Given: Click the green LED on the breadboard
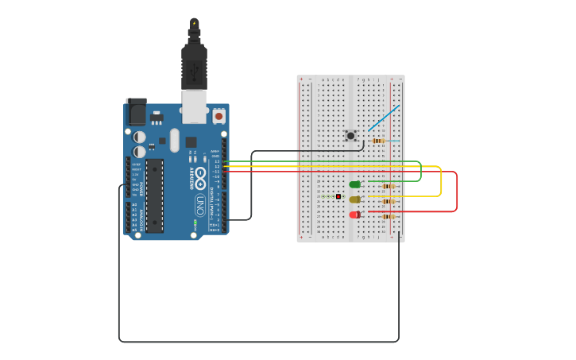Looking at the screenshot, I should [x=354, y=184].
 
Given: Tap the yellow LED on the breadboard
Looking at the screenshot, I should [x=354, y=199].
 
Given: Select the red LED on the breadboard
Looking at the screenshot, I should [x=354, y=215].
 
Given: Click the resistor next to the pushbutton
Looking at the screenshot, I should [x=378, y=141].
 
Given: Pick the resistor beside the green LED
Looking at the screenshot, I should [x=388, y=187].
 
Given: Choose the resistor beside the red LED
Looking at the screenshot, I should [x=388, y=216].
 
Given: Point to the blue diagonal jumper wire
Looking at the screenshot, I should [x=384, y=118].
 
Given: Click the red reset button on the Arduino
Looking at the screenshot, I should [x=218, y=116].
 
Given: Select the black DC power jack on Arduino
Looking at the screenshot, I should [x=136, y=112].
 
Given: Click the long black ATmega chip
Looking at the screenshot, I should [x=155, y=195].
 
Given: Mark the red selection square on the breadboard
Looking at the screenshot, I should [x=338, y=196].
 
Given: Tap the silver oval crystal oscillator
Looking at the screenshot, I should [x=175, y=140].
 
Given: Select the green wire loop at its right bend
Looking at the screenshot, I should [x=421, y=171].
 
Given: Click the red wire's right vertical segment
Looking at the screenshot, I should [x=457, y=192].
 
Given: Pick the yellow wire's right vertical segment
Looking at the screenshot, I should [x=441, y=181].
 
